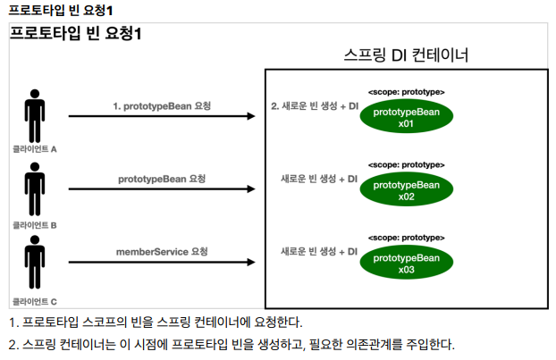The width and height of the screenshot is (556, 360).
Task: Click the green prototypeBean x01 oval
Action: pos(406,117)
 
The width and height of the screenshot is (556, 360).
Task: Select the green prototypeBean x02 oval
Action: pos(406,190)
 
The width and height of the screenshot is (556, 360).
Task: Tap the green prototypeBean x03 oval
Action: pos(406,264)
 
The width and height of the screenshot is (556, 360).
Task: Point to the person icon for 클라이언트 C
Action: pos(35,266)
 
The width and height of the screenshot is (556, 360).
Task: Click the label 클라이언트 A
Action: pos(35,149)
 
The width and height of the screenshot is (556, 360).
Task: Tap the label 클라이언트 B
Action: pos(35,226)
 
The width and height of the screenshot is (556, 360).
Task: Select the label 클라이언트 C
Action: pos(35,302)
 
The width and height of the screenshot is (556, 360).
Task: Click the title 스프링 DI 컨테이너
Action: pos(407,54)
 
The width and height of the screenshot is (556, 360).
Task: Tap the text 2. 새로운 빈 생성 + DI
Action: pos(314,105)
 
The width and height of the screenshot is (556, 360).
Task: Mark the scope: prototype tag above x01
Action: pos(406,92)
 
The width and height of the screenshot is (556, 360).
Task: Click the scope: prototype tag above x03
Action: pos(406,239)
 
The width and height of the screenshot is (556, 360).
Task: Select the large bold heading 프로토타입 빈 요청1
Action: pos(76,33)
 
